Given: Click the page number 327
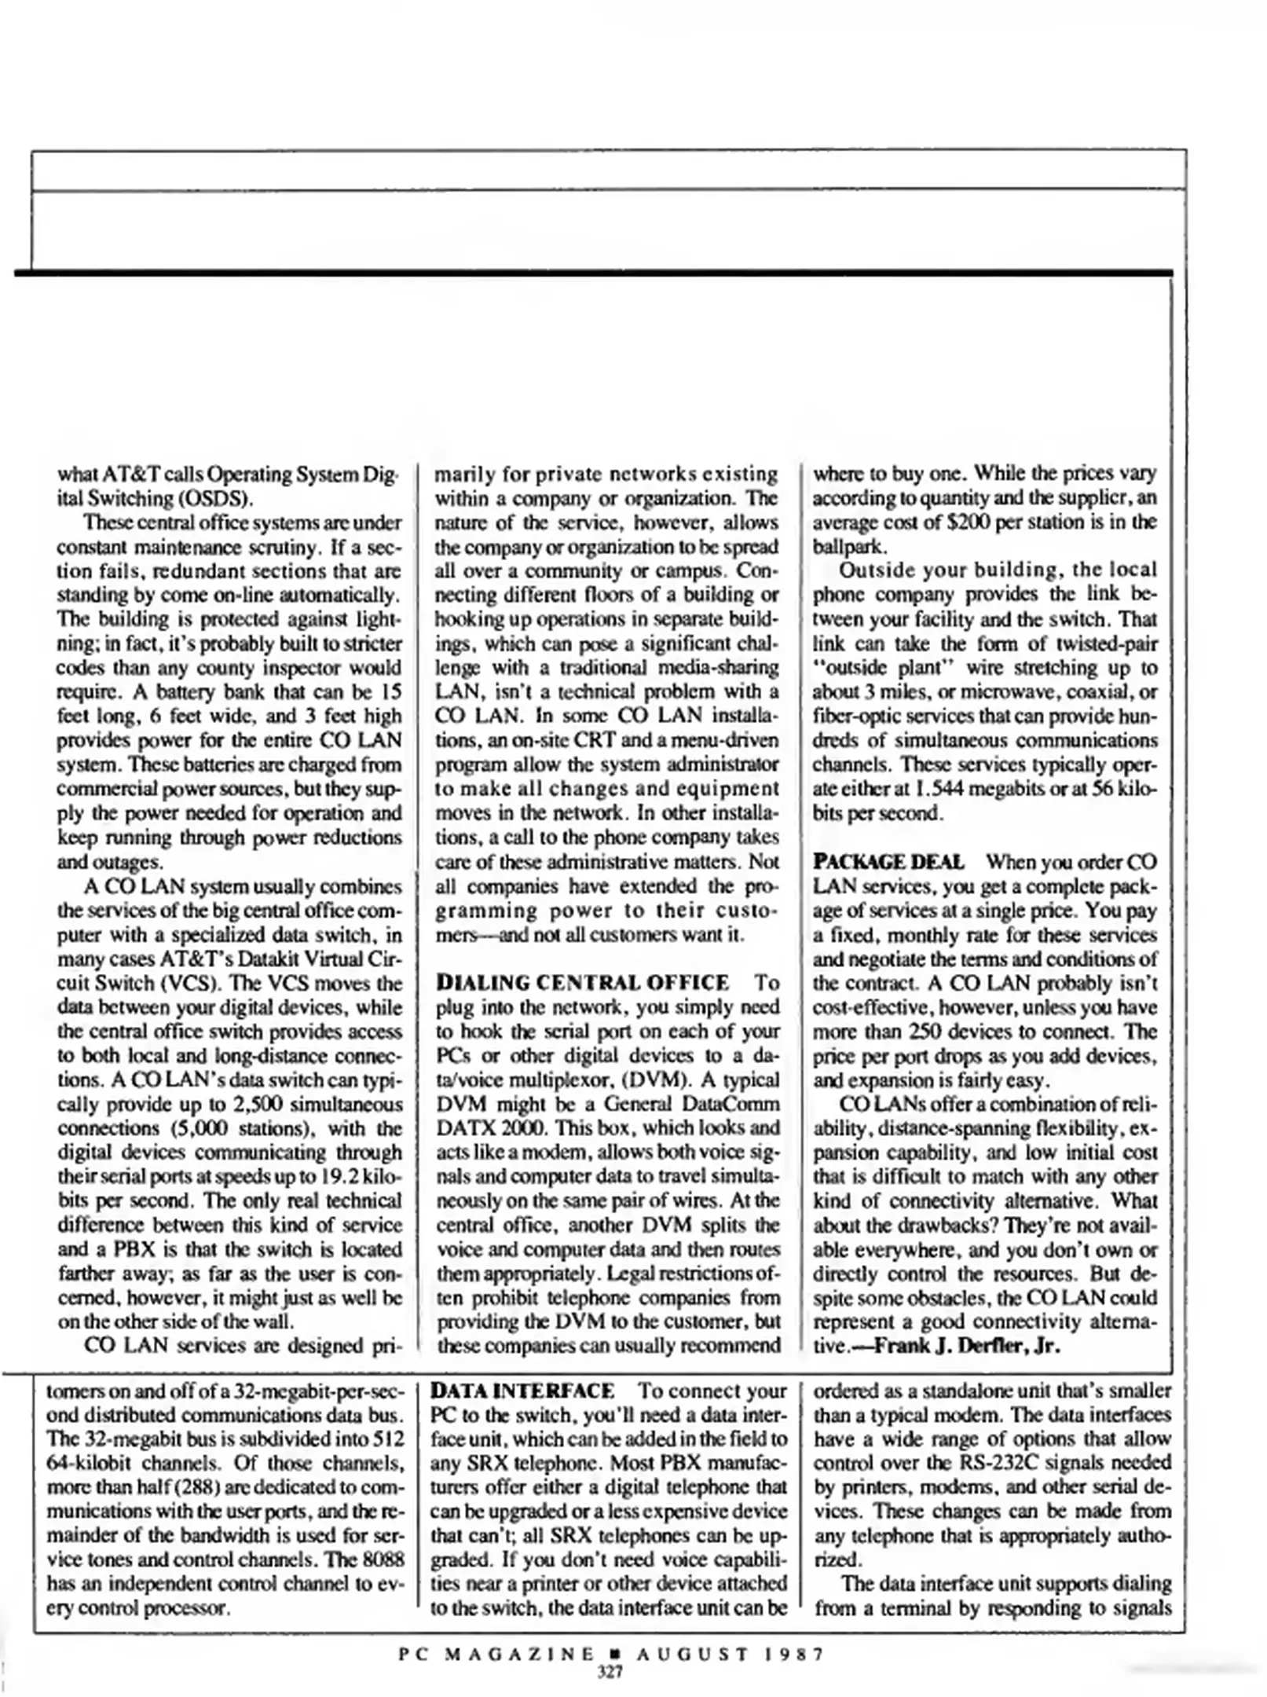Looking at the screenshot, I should pyautogui.click(x=610, y=1671).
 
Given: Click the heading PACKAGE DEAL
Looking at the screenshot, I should pyautogui.click(x=888, y=862).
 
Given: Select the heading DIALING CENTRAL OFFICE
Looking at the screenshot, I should pyautogui.click(x=582, y=983).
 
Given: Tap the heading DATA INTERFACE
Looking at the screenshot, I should pyautogui.click(x=523, y=1391).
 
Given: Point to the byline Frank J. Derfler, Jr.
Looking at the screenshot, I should pyautogui.click(x=967, y=1346).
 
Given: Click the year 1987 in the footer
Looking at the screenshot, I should pyautogui.click(x=793, y=1655).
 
